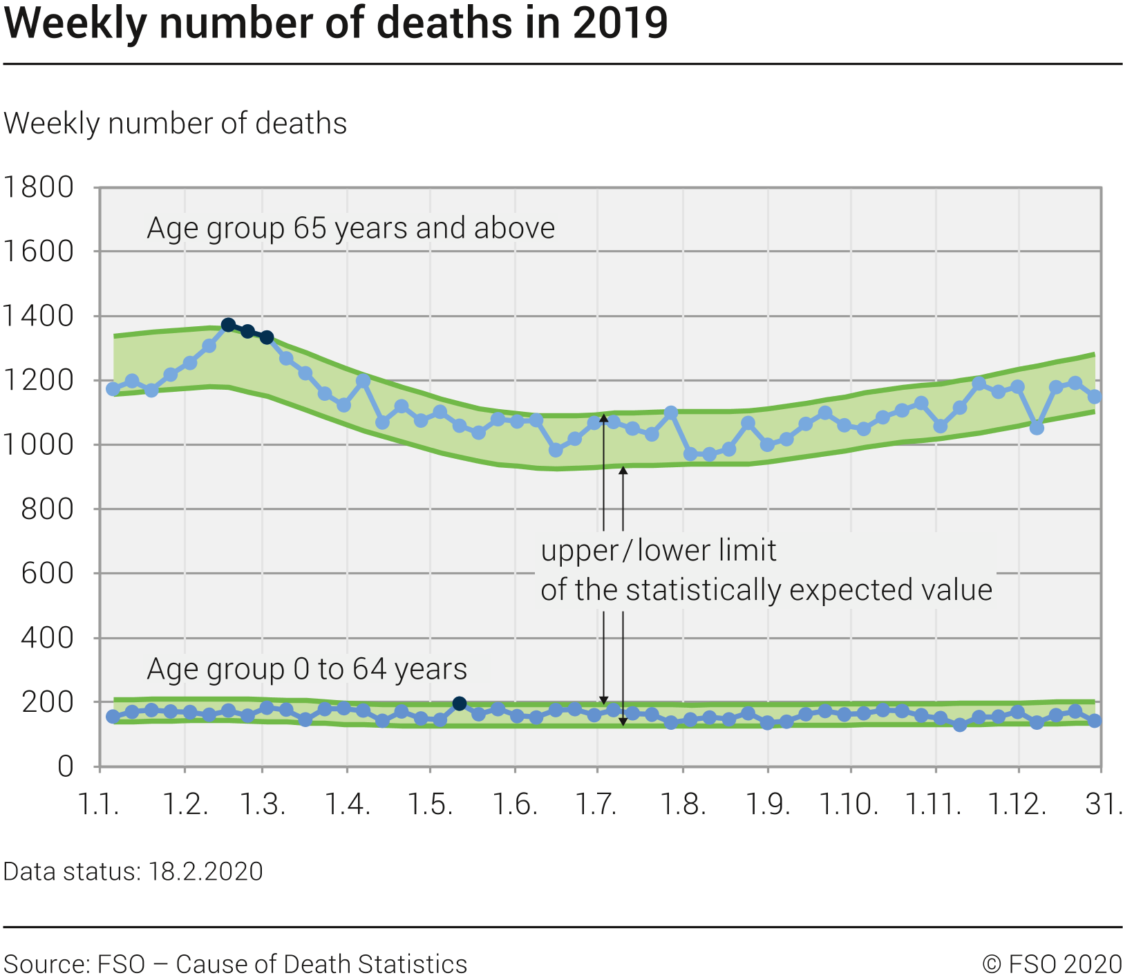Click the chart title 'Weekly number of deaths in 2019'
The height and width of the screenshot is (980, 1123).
(336, 23)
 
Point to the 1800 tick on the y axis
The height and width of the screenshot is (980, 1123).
(38, 187)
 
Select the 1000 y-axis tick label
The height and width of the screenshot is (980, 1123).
(38, 444)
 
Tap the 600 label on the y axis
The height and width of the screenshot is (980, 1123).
(47, 573)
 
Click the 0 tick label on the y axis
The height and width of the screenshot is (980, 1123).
(66, 766)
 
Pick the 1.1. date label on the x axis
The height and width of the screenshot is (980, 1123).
(99, 804)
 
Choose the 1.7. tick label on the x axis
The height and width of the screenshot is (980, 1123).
(598, 804)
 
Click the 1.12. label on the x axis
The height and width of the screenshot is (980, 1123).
(1017, 804)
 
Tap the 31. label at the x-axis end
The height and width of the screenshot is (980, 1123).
(1103, 804)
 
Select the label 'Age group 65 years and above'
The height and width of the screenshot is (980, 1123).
(350, 228)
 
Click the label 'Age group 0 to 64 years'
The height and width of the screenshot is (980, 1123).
(307, 669)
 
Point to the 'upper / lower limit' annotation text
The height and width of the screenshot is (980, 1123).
(659, 551)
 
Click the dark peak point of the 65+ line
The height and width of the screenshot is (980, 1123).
(229, 325)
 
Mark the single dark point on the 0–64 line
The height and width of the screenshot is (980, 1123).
(460, 704)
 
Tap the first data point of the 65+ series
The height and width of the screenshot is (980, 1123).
(113, 389)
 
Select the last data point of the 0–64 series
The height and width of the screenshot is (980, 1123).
(1094, 720)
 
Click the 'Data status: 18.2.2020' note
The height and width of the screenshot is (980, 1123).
(133, 871)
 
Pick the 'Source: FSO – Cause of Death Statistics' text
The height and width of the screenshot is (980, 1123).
(236, 964)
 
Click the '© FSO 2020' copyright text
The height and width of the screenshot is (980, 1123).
(1052, 964)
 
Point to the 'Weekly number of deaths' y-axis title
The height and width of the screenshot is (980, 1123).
(176, 124)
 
